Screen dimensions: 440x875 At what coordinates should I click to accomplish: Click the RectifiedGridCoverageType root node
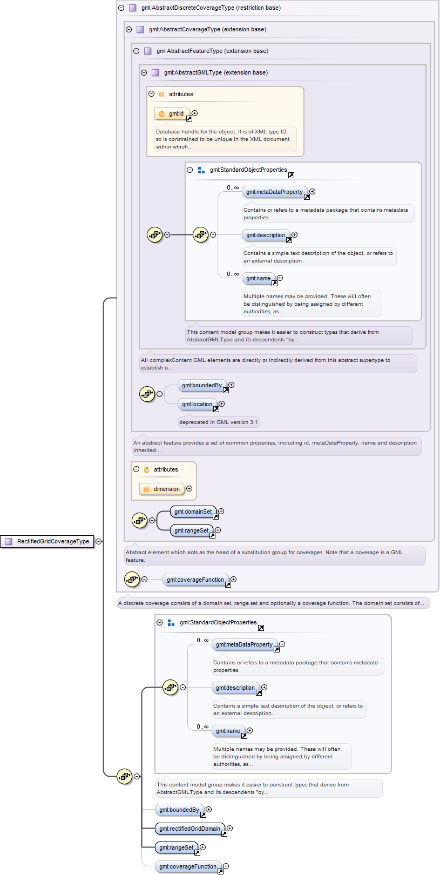[48, 541]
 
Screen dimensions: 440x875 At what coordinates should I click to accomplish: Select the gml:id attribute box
[172, 113]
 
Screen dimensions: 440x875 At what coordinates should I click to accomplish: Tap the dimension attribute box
[162, 489]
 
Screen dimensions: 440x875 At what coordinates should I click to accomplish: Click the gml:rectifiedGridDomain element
[189, 829]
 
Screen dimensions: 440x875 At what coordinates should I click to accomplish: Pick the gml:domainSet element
[193, 511]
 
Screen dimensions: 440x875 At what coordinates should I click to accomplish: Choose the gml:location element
[197, 405]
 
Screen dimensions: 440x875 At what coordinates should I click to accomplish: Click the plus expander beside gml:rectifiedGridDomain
[230, 828]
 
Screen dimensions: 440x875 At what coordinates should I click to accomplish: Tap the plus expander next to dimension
[189, 489]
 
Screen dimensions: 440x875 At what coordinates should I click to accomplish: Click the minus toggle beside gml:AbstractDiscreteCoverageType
[121, 8]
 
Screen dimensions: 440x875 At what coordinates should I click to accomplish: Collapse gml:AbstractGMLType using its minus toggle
[144, 73]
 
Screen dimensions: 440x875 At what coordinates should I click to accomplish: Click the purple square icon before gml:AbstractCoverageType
[140, 29]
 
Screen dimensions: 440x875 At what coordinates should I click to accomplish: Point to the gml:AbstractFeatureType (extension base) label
[212, 51]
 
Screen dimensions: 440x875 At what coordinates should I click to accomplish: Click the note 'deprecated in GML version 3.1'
[219, 422]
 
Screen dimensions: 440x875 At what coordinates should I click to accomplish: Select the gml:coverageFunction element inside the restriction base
[195, 580]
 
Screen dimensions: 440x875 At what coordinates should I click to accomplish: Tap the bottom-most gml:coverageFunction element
[188, 866]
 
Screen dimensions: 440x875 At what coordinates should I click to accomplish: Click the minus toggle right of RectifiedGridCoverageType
[99, 541]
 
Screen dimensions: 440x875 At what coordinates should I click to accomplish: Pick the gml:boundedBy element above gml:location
[202, 385]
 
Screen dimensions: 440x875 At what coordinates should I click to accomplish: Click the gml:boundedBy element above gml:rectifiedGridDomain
[180, 810]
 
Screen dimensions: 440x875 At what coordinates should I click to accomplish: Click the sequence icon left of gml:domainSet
[140, 520]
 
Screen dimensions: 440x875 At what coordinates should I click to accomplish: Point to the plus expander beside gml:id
[195, 113]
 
